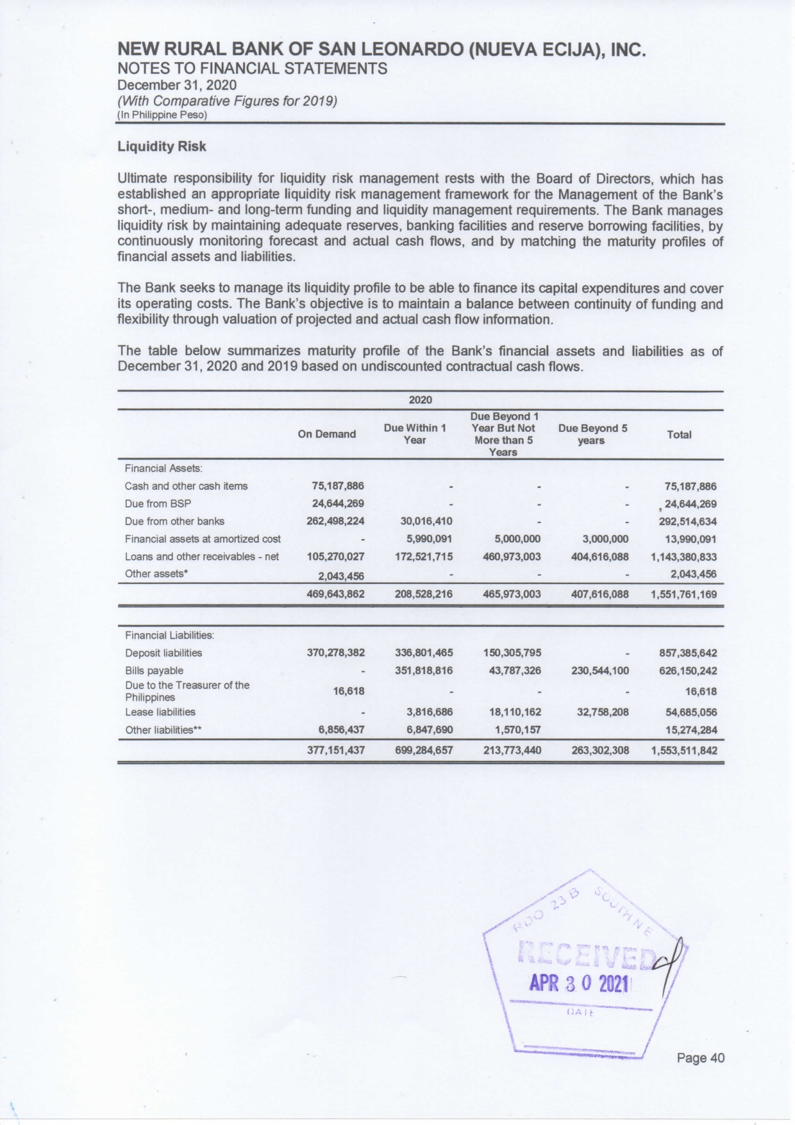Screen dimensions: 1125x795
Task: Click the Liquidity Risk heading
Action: pos(162,147)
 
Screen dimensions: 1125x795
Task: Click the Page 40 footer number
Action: pos(701,1058)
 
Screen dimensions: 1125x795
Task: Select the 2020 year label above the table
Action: pos(420,400)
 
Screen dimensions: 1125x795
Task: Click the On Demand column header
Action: pos(326,434)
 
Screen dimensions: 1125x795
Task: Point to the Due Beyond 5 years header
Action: pos(592,434)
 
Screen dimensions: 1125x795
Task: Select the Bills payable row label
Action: pos(154,671)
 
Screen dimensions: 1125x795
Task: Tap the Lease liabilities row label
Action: pos(160,712)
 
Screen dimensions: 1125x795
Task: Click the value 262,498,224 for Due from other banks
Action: pos(335,521)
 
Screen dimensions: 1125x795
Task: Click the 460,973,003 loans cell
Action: pos(511,556)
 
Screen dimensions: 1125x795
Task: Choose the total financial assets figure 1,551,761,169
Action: pos(683,594)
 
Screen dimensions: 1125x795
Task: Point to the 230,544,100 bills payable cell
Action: pos(599,671)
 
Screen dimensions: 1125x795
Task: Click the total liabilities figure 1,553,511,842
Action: pos(683,751)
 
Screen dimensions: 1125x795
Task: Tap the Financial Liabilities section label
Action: pos(169,635)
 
